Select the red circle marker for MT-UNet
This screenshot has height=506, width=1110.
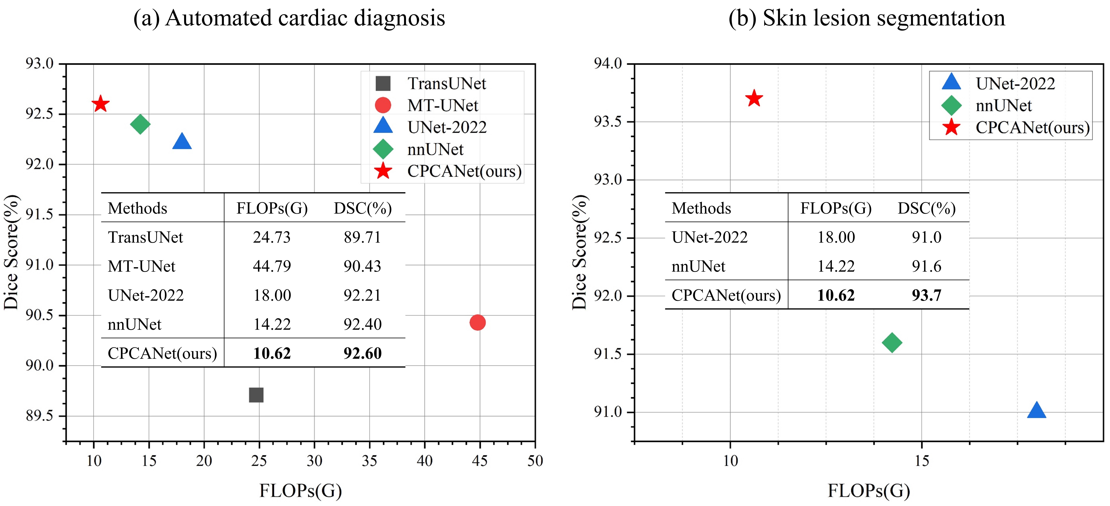coord(477,322)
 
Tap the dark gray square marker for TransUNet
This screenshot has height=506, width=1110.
coord(256,395)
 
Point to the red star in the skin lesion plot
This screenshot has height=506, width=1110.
coord(754,99)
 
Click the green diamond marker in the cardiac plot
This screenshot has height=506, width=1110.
coord(140,124)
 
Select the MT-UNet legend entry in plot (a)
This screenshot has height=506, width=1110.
coord(443,106)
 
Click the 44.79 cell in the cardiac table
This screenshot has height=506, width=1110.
coord(272,266)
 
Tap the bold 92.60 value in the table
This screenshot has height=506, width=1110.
coord(362,353)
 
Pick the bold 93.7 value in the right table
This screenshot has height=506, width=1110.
coord(926,295)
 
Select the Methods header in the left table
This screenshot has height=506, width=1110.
coord(137,208)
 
